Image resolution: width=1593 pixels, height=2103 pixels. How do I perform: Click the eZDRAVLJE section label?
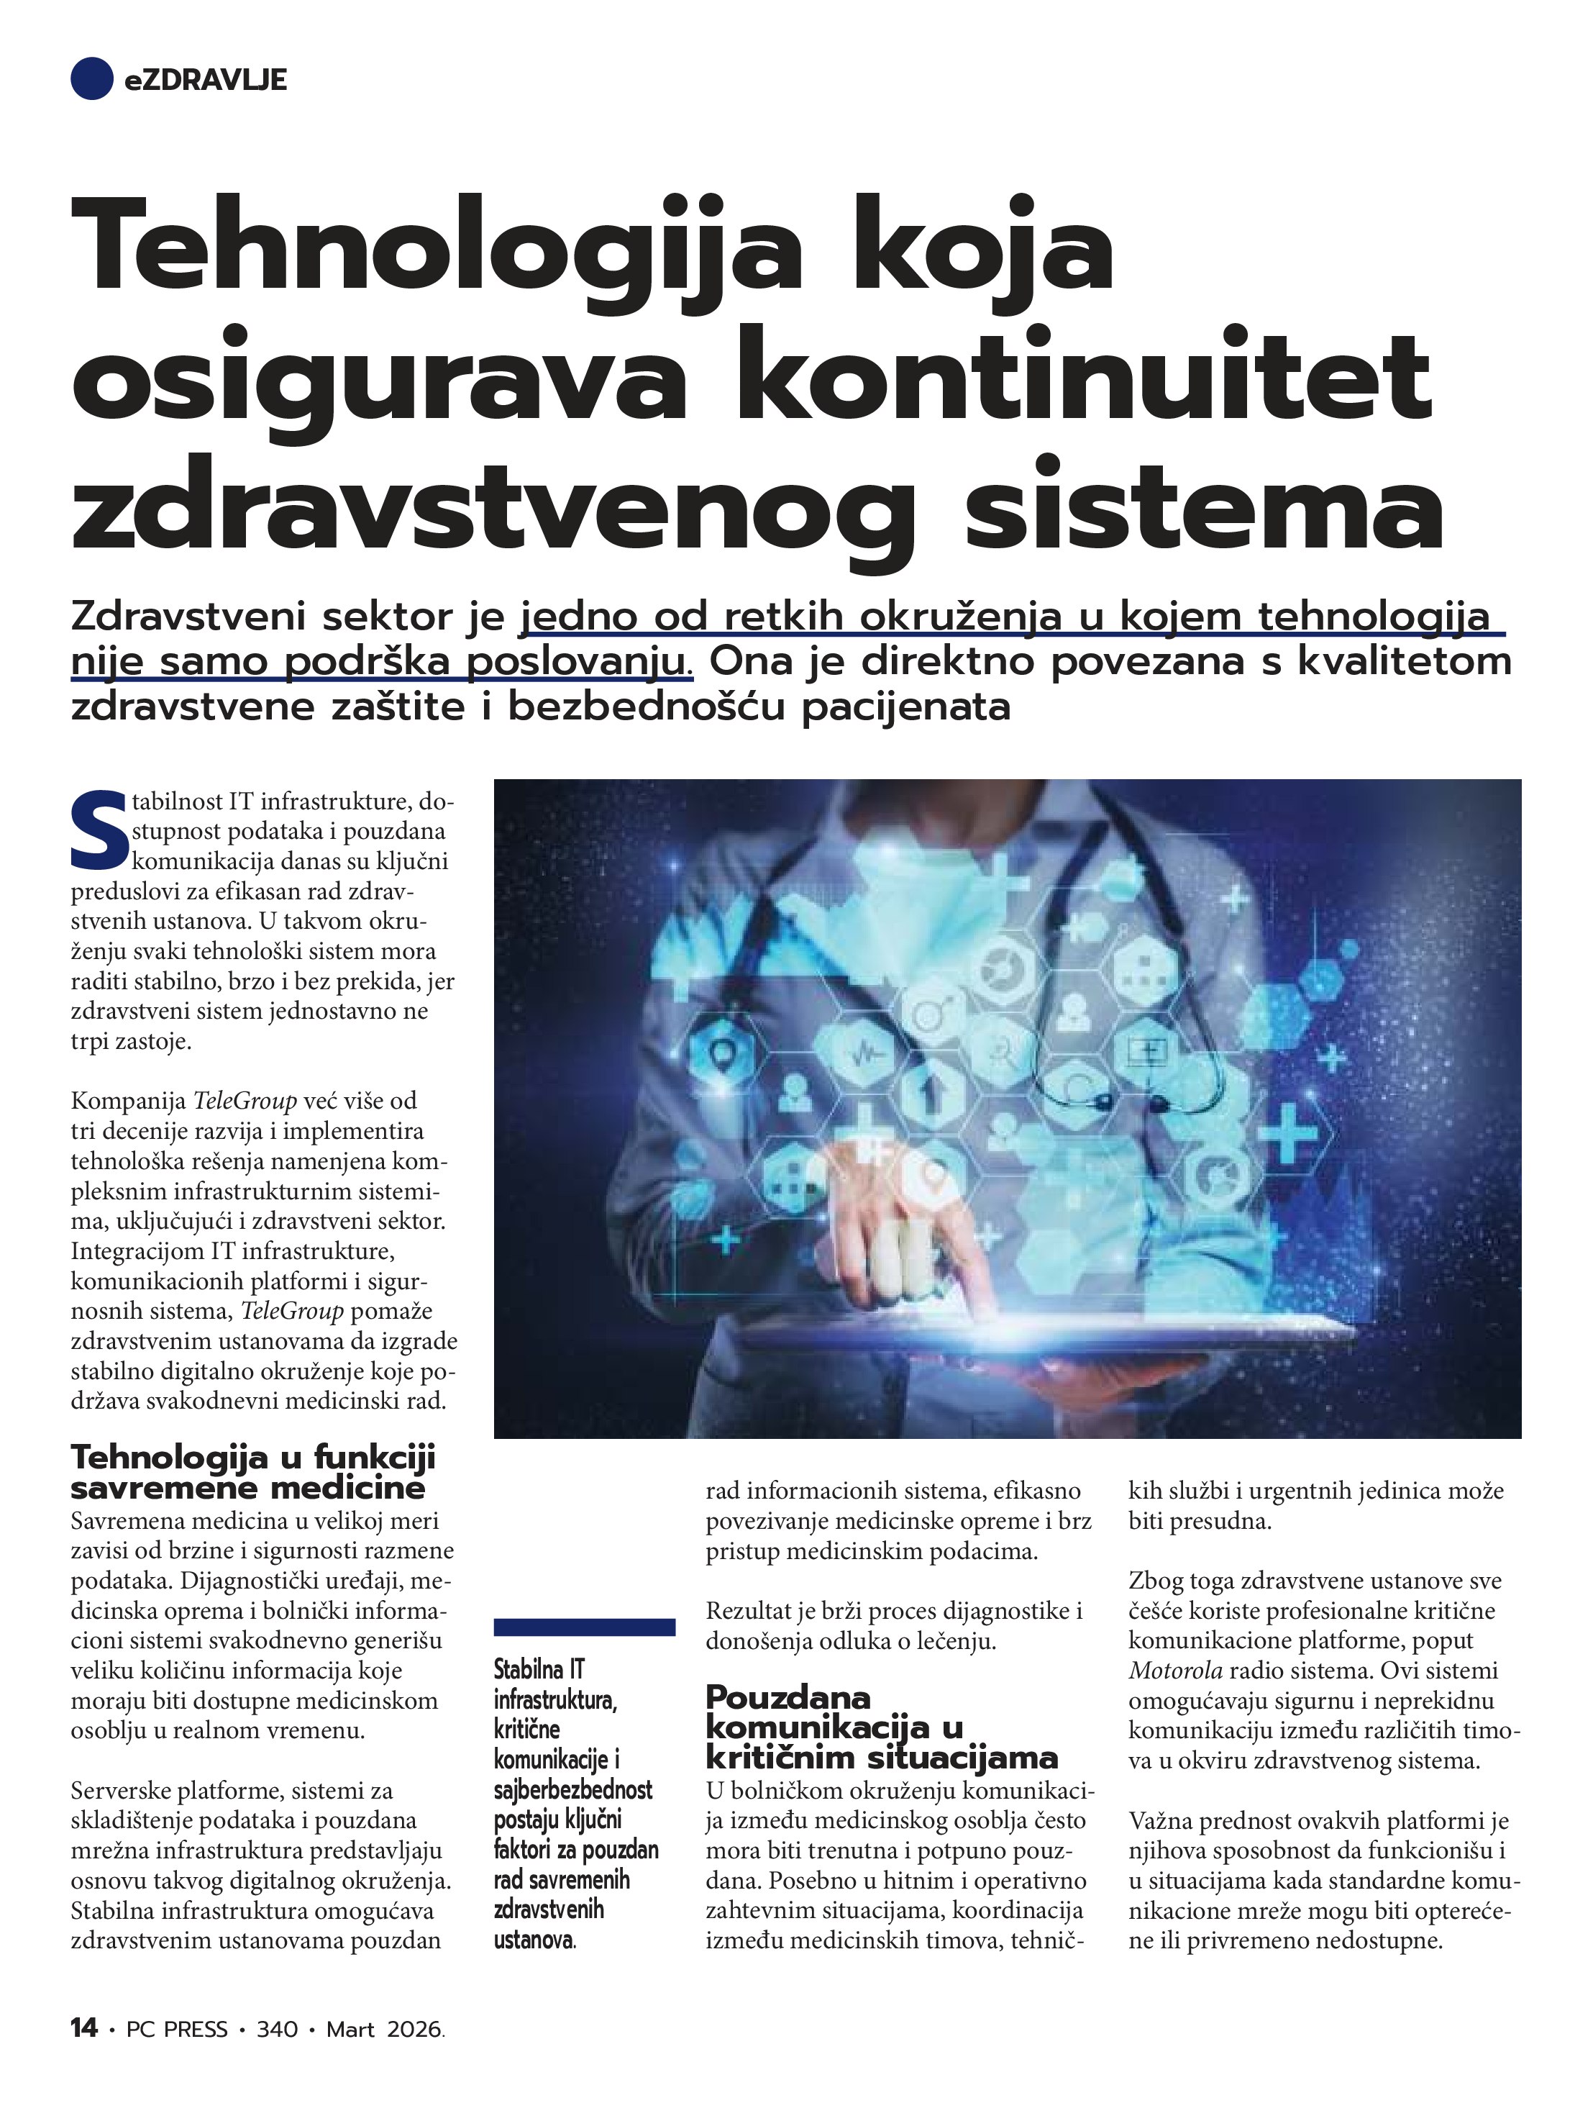click(205, 81)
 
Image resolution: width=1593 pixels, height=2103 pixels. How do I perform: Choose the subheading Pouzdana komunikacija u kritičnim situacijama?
click(880, 1725)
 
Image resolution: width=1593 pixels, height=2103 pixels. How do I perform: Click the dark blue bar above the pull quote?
click(585, 1627)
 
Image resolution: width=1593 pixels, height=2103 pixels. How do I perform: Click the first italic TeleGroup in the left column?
click(245, 1101)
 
